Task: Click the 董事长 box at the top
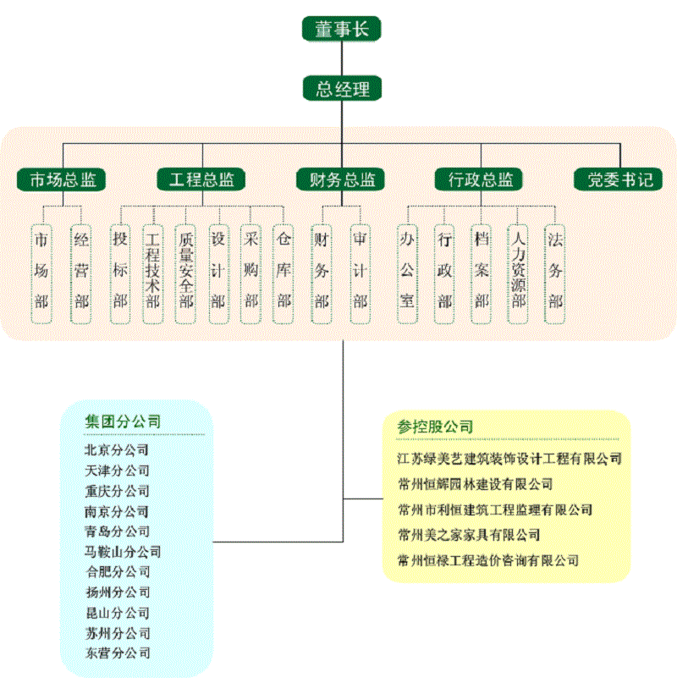coord(342,29)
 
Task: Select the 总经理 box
coord(342,89)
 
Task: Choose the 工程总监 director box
coord(201,179)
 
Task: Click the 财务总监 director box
coord(342,179)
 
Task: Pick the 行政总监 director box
coord(479,179)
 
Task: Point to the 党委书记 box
coord(619,179)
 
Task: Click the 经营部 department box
coord(81,271)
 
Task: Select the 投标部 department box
coord(121,271)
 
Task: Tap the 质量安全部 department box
coord(186,271)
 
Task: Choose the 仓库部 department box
coord(283,271)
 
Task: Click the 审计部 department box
coord(361,271)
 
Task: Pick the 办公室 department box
coord(408,271)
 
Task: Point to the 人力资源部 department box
coord(518,271)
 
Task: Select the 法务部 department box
coord(555,271)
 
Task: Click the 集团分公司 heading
coord(123,421)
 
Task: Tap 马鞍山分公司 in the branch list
coord(123,552)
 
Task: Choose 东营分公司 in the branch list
coord(118,653)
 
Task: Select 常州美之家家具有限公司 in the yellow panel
coord(469,535)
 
